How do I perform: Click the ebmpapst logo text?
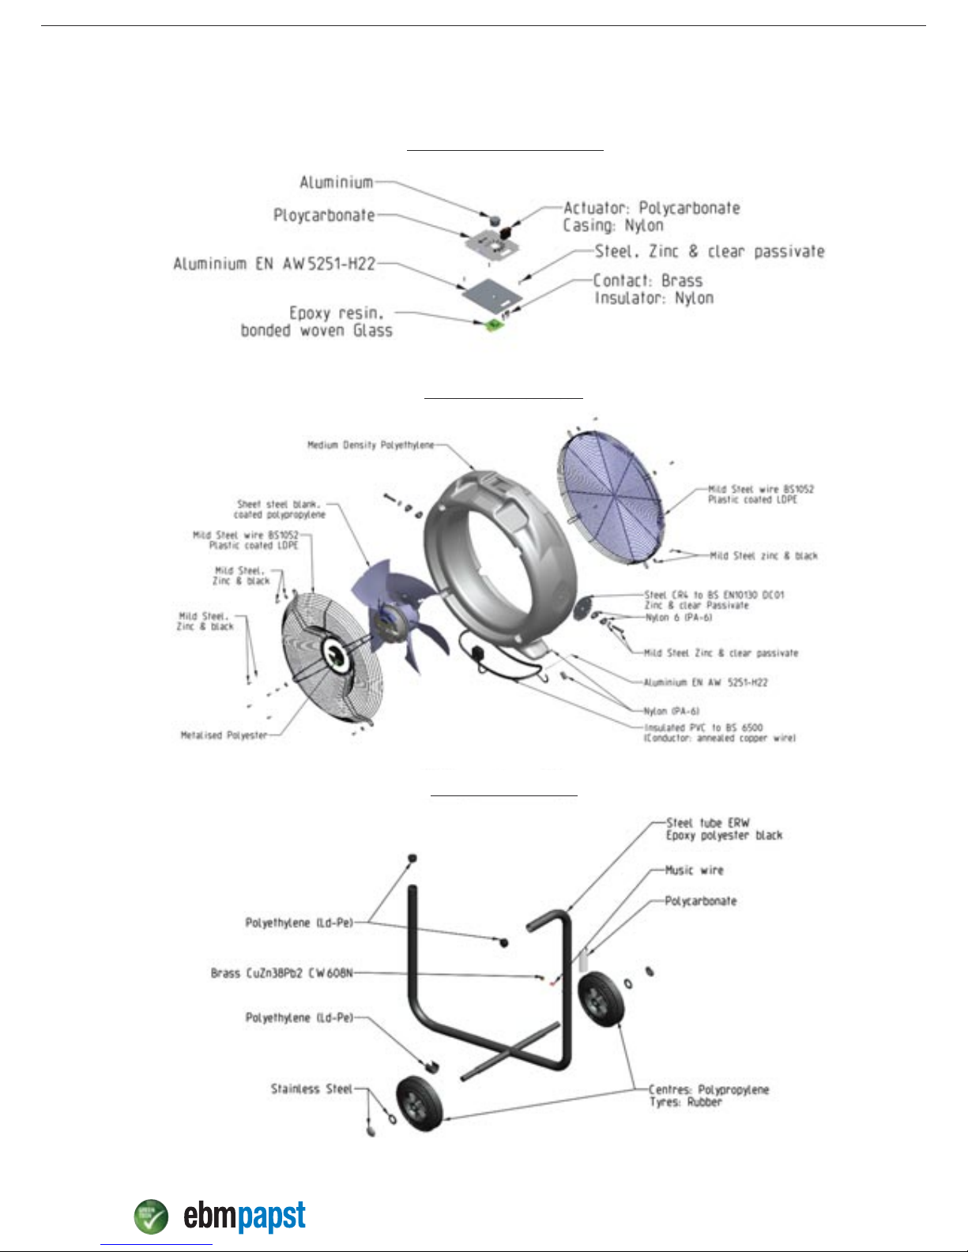click(244, 1216)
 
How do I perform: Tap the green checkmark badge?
click(151, 1216)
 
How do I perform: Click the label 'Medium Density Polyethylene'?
click(371, 446)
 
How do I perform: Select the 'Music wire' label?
click(694, 870)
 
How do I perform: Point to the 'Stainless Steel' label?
click(311, 1089)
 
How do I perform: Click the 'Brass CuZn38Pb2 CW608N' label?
click(281, 973)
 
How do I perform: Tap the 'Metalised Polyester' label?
click(224, 735)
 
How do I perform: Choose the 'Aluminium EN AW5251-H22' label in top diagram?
click(274, 264)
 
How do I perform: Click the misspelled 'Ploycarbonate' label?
click(324, 215)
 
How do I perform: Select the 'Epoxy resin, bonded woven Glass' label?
click(317, 322)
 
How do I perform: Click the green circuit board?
click(495, 322)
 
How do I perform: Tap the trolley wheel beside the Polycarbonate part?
click(600, 999)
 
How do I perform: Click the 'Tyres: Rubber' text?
click(685, 1103)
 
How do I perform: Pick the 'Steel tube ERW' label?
click(708, 823)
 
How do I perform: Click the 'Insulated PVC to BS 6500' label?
click(703, 728)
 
